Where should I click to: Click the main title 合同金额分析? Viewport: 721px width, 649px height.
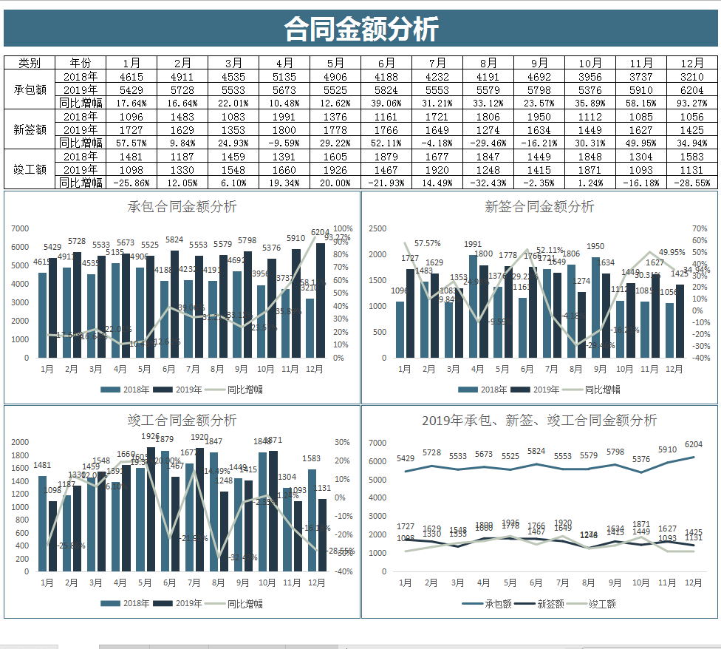[361, 30]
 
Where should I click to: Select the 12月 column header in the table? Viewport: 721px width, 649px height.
[692, 63]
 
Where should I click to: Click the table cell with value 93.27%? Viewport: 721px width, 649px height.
[692, 103]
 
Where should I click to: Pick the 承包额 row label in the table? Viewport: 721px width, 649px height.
[30, 89]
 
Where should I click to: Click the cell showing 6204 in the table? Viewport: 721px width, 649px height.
[692, 89]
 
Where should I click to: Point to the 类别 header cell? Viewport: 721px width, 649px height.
[30, 63]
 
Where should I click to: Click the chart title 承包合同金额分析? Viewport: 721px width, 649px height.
[182, 206]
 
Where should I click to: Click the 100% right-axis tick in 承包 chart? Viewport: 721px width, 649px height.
[343, 228]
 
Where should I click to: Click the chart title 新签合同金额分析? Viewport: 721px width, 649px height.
[539, 207]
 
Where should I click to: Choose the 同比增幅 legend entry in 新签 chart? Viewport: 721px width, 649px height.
[602, 390]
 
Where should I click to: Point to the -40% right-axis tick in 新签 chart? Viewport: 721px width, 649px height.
[700, 358]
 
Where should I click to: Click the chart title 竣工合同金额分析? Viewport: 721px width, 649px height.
[182, 421]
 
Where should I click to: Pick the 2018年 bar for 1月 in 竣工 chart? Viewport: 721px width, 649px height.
[42, 523]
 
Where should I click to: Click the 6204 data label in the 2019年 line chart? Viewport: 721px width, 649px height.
[693, 444]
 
